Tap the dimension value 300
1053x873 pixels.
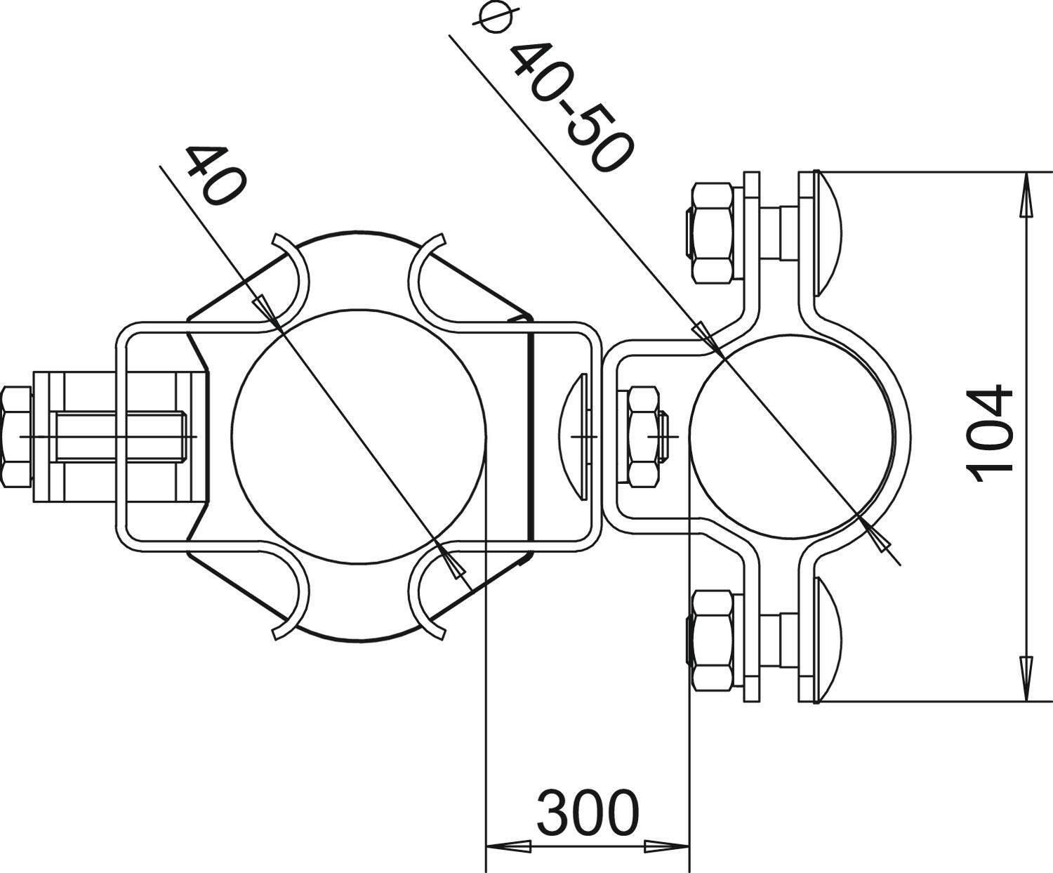(588, 813)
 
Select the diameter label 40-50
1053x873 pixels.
(570, 108)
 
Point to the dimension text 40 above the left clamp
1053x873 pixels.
(216, 175)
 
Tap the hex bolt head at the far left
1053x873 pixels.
(17, 437)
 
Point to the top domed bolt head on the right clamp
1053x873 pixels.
(827, 233)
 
